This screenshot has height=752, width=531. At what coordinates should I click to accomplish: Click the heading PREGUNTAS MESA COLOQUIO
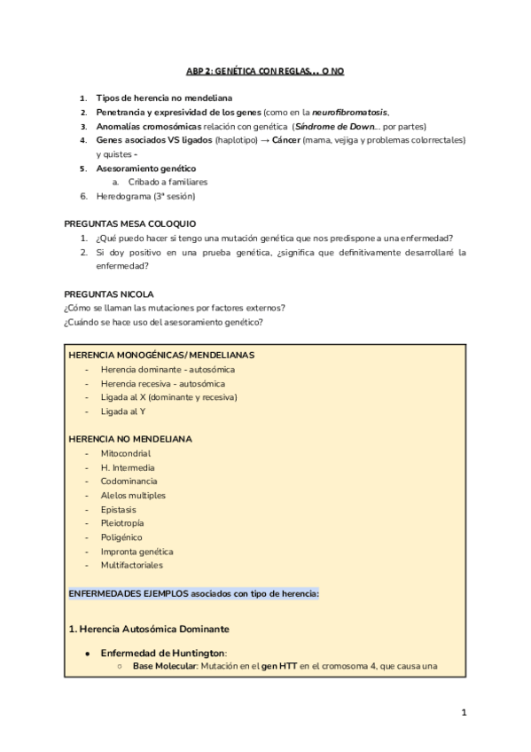click(x=130, y=223)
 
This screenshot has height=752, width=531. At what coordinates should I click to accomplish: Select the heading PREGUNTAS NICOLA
click(x=109, y=293)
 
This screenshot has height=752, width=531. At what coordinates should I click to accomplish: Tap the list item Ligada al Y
click(x=124, y=411)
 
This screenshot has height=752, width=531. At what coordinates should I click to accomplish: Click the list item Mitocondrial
click(x=126, y=453)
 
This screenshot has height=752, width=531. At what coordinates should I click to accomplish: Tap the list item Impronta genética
click(x=137, y=551)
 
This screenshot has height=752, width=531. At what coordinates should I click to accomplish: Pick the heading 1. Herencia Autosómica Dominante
click(x=148, y=629)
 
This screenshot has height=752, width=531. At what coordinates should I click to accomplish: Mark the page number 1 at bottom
click(x=464, y=712)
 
